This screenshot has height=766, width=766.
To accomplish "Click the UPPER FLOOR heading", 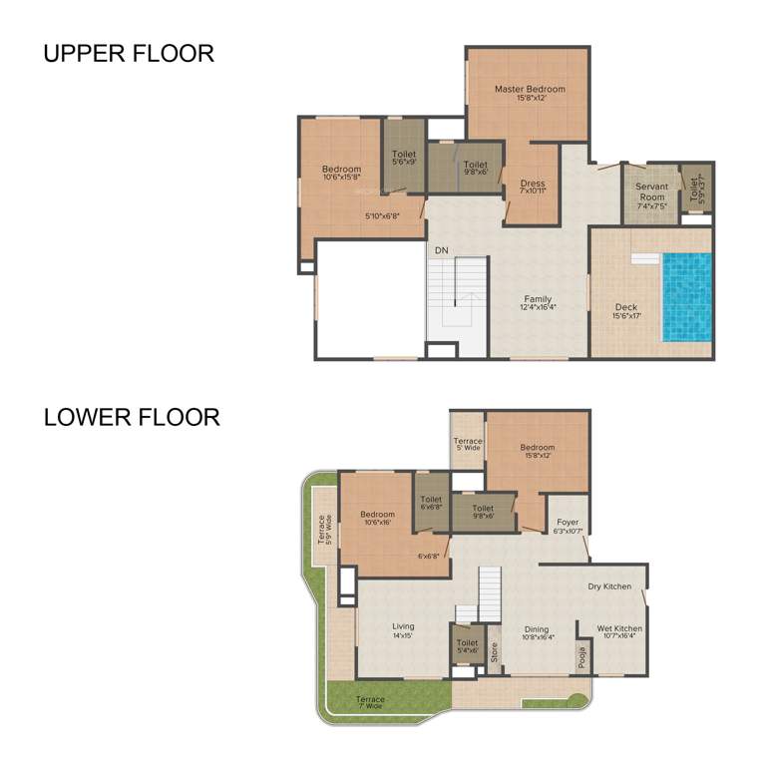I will pyautogui.click(x=129, y=54).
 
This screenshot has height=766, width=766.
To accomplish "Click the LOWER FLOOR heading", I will pyautogui.click(x=132, y=416).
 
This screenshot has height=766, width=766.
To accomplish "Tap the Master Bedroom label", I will pyautogui.click(x=530, y=94).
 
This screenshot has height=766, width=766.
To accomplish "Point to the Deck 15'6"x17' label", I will pyautogui.click(x=626, y=311).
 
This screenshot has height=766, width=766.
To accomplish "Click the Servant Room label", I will pyautogui.click(x=651, y=191).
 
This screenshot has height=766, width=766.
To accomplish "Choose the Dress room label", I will pyautogui.click(x=533, y=187).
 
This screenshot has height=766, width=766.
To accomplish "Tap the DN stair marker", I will pyautogui.click(x=441, y=249).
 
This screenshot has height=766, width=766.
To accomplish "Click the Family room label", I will pyautogui.click(x=538, y=303).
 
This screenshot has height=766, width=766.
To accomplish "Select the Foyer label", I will pyautogui.click(x=568, y=526).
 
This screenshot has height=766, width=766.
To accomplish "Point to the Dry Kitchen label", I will pyautogui.click(x=609, y=586).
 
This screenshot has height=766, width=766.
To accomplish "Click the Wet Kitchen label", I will pyautogui.click(x=619, y=633).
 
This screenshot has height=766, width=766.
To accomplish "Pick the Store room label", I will pyautogui.click(x=494, y=653).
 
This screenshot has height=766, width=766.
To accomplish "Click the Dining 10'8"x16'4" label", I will pyautogui.click(x=537, y=633).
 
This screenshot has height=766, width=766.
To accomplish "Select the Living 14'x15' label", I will pyautogui.click(x=403, y=630).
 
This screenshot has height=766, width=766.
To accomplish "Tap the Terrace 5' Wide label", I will pyautogui.click(x=468, y=445).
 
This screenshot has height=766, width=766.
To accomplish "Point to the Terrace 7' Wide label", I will pyautogui.click(x=370, y=703).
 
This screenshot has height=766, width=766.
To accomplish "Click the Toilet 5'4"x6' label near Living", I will pyautogui.click(x=466, y=646).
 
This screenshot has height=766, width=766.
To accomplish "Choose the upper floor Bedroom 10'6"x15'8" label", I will pyautogui.click(x=341, y=174).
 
